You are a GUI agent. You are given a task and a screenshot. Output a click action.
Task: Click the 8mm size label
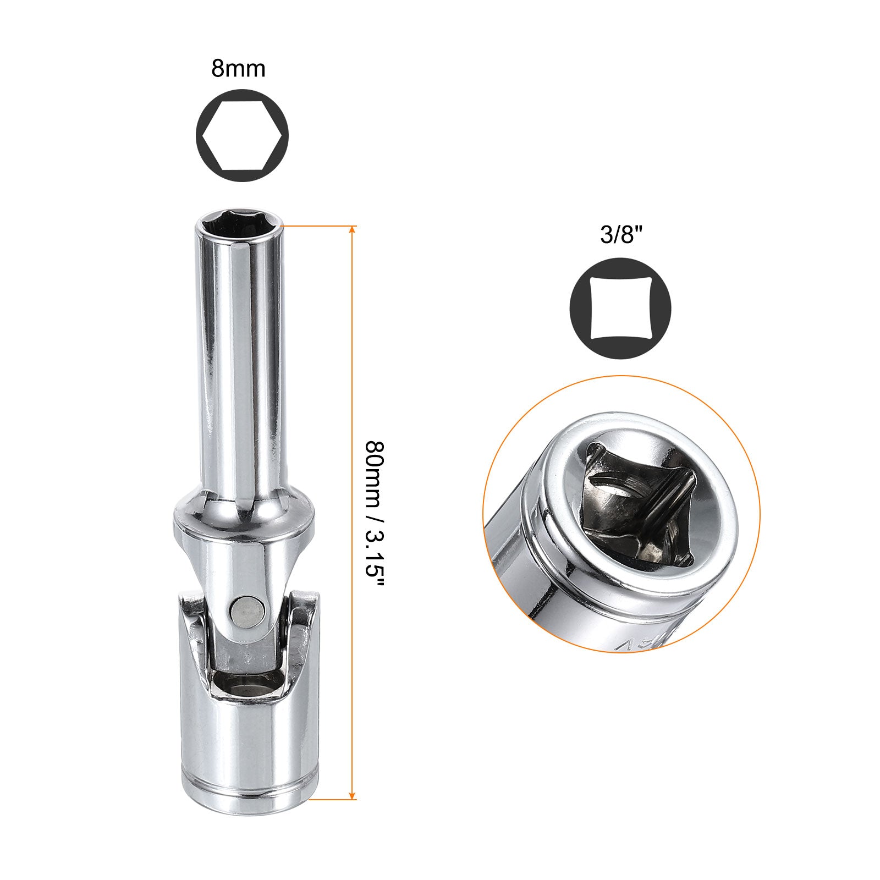(x=238, y=69)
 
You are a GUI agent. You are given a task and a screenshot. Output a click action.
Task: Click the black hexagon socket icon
(x=242, y=135)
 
